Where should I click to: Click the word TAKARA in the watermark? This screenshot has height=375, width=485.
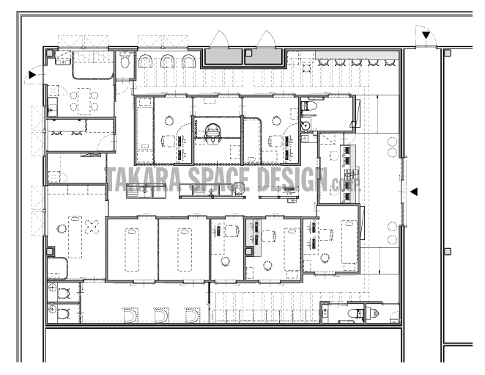point(144,180)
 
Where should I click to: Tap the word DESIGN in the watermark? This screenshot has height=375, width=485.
point(292,180)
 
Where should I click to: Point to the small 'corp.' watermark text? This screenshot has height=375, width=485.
point(346,185)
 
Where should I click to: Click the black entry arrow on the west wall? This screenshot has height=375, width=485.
point(32,75)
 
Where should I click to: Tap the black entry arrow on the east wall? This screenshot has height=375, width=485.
point(414,192)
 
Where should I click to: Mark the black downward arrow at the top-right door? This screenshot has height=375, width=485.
point(426,35)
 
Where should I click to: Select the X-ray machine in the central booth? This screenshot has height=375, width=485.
point(212,134)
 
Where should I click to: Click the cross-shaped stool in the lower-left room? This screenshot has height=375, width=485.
point(92,227)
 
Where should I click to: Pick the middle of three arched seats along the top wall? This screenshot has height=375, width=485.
point(167,61)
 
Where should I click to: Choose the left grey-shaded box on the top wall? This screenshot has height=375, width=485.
point(224,57)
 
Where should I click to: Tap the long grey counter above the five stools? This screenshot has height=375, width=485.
point(357,55)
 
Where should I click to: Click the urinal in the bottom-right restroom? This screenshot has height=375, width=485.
point(374,313)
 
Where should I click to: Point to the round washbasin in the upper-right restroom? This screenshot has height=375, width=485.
point(306,126)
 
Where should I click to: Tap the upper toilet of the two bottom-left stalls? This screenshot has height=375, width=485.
point(63,294)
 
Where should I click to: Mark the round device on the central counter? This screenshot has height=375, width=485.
point(239,188)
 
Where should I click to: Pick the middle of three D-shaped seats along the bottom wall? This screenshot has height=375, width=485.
point(161,315)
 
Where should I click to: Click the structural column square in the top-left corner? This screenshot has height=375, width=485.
point(50,53)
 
